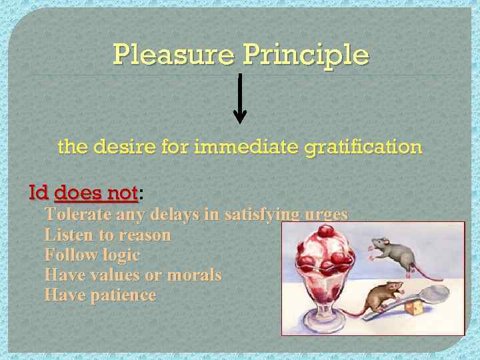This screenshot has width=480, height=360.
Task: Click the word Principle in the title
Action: (306, 54)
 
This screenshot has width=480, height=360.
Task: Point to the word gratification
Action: (363, 147)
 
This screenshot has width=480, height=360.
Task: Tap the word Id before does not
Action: (39, 193)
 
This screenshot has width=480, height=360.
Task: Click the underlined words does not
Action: (96, 193)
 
